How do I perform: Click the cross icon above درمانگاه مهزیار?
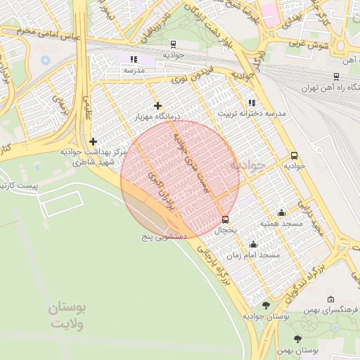[157, 105]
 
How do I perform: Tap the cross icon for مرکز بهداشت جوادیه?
[92, 141]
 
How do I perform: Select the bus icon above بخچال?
[225, 219]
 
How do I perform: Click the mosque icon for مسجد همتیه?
[282, 212]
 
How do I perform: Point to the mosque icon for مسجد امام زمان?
[253, 244]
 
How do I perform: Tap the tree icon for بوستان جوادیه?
[266, 305]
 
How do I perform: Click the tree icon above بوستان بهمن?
[297, 338]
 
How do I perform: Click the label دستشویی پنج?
[162, 237]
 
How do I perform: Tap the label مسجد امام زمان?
[260, 255]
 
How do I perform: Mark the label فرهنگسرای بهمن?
[336, 310]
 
